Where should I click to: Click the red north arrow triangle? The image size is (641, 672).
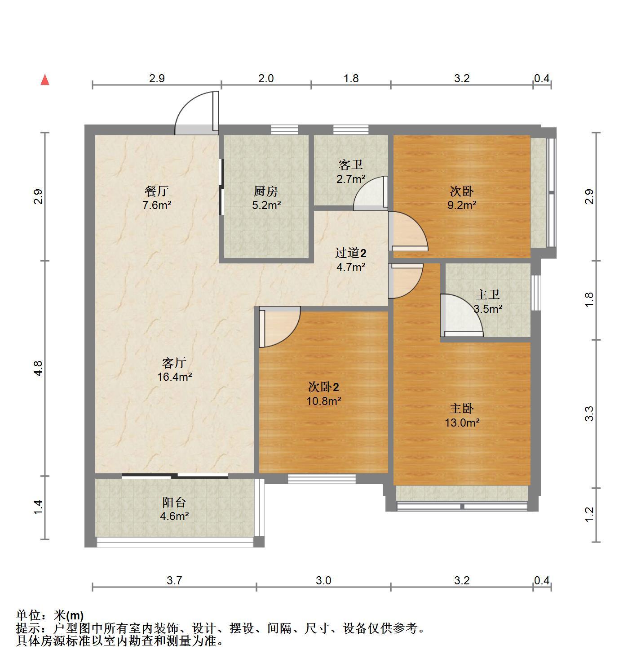pos(45,80)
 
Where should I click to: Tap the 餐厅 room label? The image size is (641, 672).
pos(156,191)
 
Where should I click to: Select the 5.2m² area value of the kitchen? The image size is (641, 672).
pos(266,205)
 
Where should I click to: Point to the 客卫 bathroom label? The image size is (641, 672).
pos(350,165)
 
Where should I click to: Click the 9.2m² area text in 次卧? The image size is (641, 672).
pos(462,205)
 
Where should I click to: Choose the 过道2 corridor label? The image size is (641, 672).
pos(350,253)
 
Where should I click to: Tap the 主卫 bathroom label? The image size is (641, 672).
pos(488,294)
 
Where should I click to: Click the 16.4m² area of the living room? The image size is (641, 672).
pos(174,377)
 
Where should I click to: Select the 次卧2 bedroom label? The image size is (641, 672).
pos(323,387)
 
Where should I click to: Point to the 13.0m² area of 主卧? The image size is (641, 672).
pos(462,423)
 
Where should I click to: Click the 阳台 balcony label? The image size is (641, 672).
pos(174,502)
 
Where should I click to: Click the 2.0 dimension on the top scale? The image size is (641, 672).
pos(266,78)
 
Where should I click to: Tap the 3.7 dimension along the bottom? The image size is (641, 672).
pos(174,580)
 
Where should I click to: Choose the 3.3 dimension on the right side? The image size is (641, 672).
pos(590,414)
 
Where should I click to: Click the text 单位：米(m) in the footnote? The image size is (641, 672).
pos(50,615)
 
